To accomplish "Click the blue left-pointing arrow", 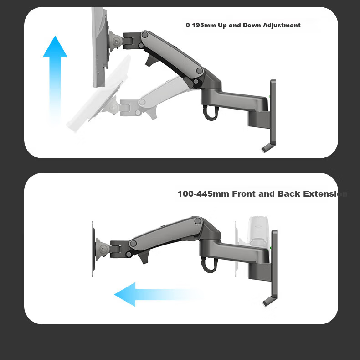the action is (x=156, y=294).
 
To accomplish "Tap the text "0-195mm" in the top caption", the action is (x=201, y=25).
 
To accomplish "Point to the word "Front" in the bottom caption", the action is (x=244, y=194).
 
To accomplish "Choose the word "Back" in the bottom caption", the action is (x=289, y=194).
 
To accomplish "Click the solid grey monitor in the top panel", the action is (x=100, y=47).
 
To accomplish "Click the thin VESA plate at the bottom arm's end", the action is (x=93, y=249).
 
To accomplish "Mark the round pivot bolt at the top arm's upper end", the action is (x=145, y=35).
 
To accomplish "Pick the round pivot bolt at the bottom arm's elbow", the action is (x=198, y=221).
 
